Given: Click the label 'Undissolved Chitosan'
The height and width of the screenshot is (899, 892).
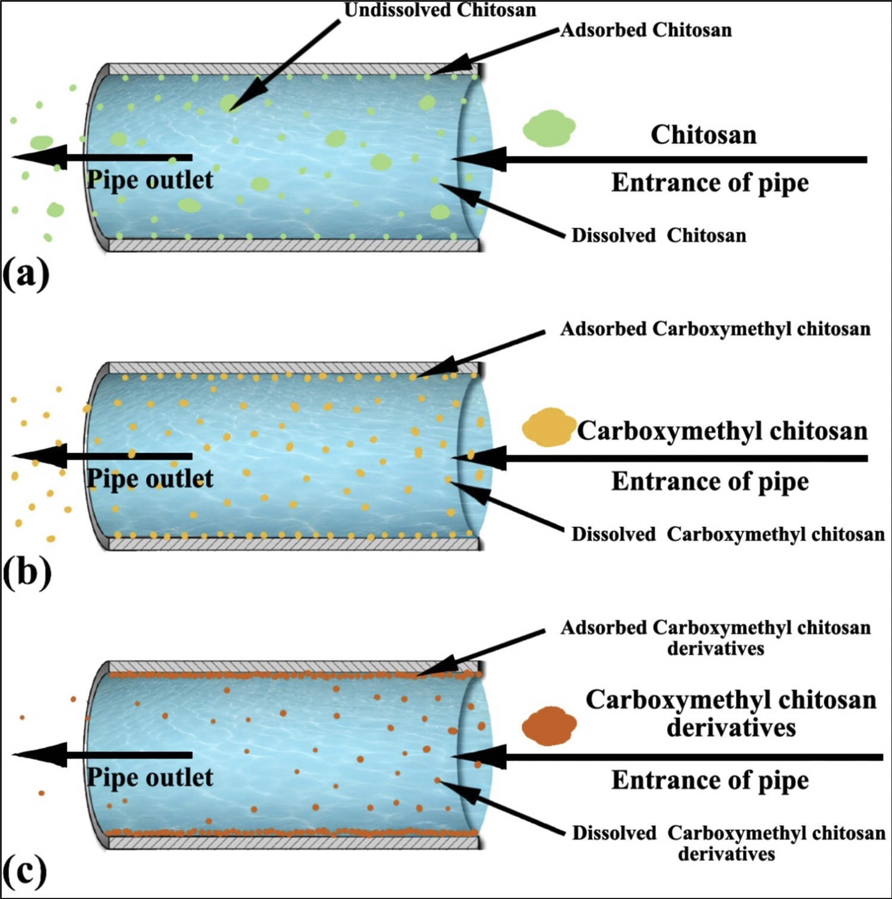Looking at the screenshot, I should point(440,10).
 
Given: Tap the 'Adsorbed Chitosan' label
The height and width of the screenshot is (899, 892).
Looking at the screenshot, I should point(646,30).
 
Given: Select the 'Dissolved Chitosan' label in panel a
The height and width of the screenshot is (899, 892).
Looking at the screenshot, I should point(659,235).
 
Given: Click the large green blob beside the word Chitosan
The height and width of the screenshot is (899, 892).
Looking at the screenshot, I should point(549,128).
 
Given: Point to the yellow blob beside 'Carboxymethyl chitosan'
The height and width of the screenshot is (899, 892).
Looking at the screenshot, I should point(548,428).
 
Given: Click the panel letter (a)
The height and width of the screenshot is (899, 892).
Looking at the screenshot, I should point(26,275).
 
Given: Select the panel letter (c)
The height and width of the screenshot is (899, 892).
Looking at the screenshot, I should point(24,872).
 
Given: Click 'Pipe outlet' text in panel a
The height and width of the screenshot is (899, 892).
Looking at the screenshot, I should point(150,180).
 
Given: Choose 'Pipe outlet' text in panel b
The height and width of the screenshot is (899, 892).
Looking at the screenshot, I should point(150,479).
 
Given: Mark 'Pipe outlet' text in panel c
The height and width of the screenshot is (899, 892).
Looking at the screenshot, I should point(150,778).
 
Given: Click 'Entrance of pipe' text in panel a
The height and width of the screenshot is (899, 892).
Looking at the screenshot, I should point(710,183).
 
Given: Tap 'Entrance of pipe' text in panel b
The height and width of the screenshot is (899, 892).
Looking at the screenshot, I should point(710,482).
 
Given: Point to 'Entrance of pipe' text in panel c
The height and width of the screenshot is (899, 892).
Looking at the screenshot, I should point(710,780).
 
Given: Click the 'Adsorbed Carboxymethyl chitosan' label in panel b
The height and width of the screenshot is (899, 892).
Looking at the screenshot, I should point(715,329).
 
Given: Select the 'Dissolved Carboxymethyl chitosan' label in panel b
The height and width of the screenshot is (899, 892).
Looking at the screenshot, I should point(728,535).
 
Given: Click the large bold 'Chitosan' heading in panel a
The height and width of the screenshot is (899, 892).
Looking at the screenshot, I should point(703,135).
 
